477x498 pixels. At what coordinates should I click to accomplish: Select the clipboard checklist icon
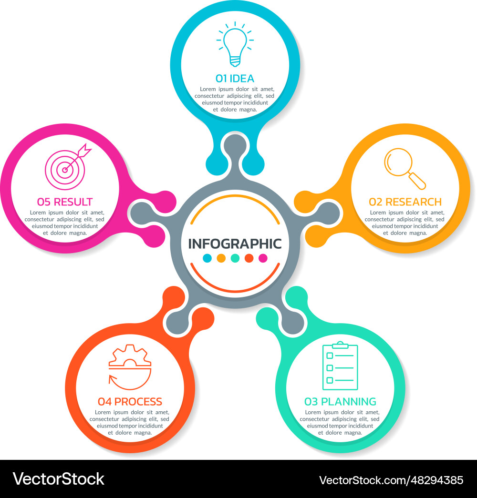340,366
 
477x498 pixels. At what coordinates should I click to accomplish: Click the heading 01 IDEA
235,79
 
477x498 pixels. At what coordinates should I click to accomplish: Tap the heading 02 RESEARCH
405,202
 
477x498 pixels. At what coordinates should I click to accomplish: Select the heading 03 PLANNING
340,402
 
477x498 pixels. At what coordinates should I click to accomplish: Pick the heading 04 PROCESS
130,402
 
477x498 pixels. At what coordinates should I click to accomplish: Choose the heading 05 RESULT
65,202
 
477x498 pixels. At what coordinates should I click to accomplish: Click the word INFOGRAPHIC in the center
235,244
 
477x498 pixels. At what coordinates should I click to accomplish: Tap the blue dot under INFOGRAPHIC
207,258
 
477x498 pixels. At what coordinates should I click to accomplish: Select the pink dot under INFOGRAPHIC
263,258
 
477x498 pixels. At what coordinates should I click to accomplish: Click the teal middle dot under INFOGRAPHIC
235,258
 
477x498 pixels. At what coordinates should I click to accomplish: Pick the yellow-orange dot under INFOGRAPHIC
221,258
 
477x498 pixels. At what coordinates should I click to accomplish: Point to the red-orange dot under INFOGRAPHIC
249,258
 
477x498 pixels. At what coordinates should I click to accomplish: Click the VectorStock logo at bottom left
59,479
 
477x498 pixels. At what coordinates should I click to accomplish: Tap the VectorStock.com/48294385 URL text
391,480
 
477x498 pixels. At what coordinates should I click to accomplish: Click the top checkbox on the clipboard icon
330,356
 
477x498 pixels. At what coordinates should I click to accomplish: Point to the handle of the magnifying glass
417,181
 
